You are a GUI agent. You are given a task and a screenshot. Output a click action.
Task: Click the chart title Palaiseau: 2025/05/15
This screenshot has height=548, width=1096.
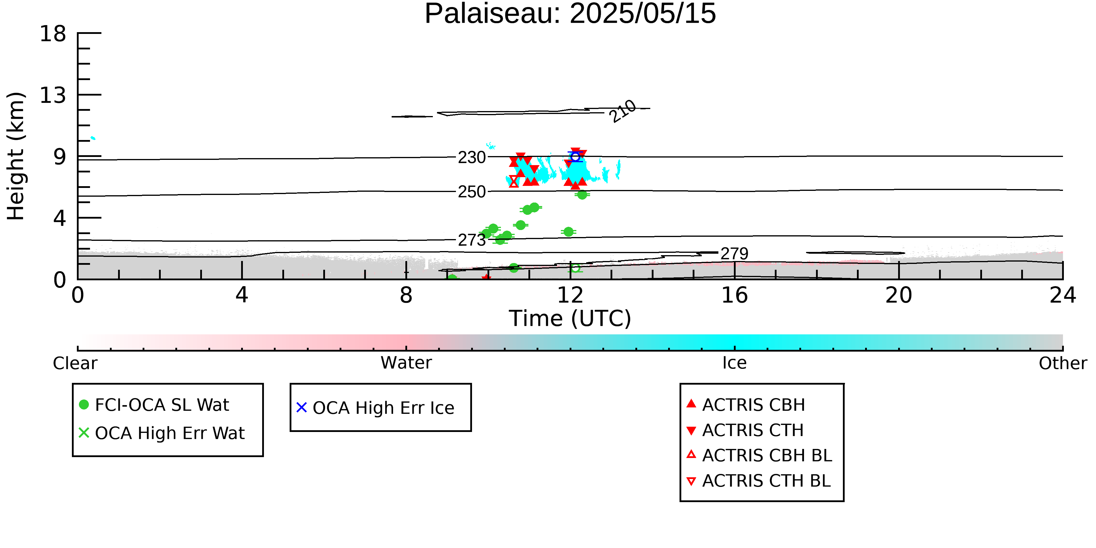(570, 14)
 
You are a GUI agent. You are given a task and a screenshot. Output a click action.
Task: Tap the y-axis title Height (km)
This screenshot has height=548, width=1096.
(16, 156)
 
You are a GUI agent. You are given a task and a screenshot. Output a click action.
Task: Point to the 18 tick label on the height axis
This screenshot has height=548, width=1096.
(53, 34)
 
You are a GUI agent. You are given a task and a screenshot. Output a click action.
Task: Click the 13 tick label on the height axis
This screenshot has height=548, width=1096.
(53, 95)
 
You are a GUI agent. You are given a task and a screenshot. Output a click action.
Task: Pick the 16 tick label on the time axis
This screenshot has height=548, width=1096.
(734, 295)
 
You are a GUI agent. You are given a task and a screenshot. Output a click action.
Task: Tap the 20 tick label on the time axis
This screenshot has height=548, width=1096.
(899, 295)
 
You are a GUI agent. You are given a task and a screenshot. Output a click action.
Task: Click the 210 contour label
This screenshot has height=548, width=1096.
(623, 111)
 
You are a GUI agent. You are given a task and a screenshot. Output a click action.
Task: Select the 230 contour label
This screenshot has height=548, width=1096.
(471, 158)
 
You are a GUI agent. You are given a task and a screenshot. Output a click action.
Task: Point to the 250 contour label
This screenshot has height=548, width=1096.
(471, 192)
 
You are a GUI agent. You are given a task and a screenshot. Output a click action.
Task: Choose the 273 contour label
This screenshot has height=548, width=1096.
(471, 240)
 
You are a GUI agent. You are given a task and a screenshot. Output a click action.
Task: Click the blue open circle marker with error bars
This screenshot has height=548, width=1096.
(575, 157)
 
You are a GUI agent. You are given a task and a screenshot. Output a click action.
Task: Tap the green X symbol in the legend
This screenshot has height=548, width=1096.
(84, 433)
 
